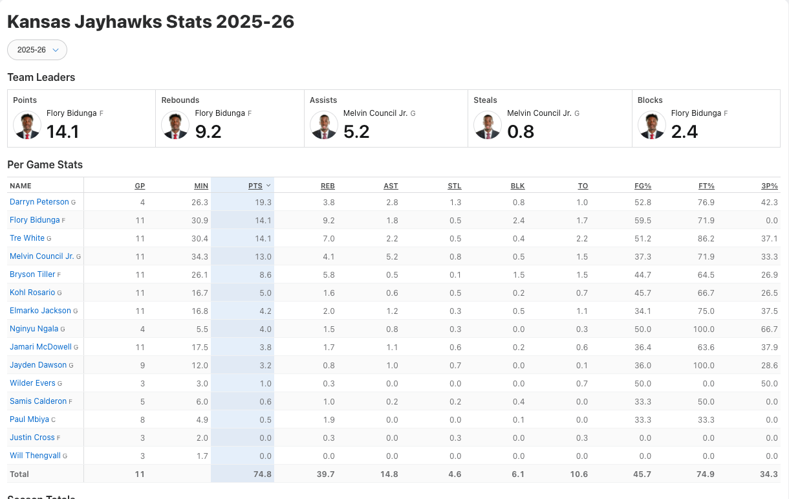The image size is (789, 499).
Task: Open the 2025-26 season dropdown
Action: tap(37, 50)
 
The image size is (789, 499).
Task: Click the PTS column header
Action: tap(255, 186)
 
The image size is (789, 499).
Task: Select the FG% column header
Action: tap(643, 186)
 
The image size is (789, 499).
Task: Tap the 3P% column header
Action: tap(770, 186)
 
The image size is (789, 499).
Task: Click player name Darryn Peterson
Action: tap(39, 202)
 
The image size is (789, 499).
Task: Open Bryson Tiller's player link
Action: tap(32, 274)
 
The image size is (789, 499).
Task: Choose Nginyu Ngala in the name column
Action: tap(34, 329)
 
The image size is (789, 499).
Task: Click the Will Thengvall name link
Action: tap(35, 456)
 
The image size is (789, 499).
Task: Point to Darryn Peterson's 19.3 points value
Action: tap(263, 203)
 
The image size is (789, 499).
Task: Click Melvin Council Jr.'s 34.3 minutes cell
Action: tap(200, 257)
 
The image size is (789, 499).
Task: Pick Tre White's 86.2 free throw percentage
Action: tap(706, 239)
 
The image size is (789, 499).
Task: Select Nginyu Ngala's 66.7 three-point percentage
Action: tap(769, 329)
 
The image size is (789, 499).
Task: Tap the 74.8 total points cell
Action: tap(263, 474)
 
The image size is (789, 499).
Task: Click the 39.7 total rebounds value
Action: tap(327, 474)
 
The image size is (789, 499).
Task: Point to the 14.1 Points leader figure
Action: tap(63, 132)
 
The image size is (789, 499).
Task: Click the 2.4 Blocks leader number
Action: tap(684, 132)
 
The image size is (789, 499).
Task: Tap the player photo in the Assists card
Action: tap(323, 126)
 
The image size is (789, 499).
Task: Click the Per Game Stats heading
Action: tap(45, 165)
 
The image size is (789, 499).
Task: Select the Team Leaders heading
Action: tap(41, 78)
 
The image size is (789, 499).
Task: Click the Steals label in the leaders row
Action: tap(485, 100)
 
